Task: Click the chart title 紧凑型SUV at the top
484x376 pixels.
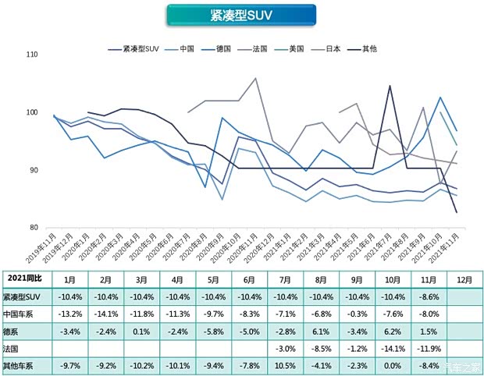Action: tap(241, 15)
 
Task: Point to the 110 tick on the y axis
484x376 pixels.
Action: tap(31, 55)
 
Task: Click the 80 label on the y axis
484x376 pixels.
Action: tap(33, 228)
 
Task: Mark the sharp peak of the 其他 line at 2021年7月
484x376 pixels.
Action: tap(390, 86)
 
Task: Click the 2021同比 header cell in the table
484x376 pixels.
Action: tap(23, 278)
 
